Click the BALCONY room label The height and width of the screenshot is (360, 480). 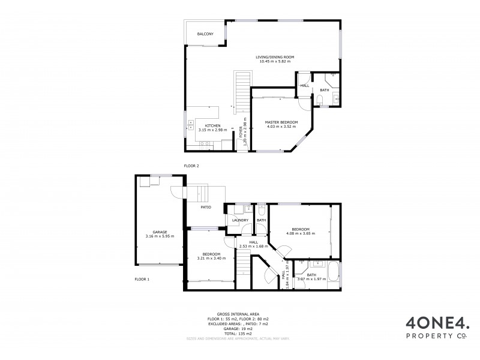click(x=205, y=34)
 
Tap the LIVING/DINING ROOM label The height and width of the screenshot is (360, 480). click(x=274, y=57)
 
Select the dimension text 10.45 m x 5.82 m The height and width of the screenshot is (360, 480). click(x=274, y=62)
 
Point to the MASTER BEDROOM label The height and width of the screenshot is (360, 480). click(x=281, y=122)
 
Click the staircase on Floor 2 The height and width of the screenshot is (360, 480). click(x=241, y=90)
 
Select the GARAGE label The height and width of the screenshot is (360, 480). click(x=160, y=232)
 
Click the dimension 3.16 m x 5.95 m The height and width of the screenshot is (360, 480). click(x=160, y=236)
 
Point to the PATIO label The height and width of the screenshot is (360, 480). click(x=205, y=207)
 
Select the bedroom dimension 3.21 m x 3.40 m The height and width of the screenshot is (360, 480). click(x=211, y=259)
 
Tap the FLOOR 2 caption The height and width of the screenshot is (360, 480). click(x=191, y=166)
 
